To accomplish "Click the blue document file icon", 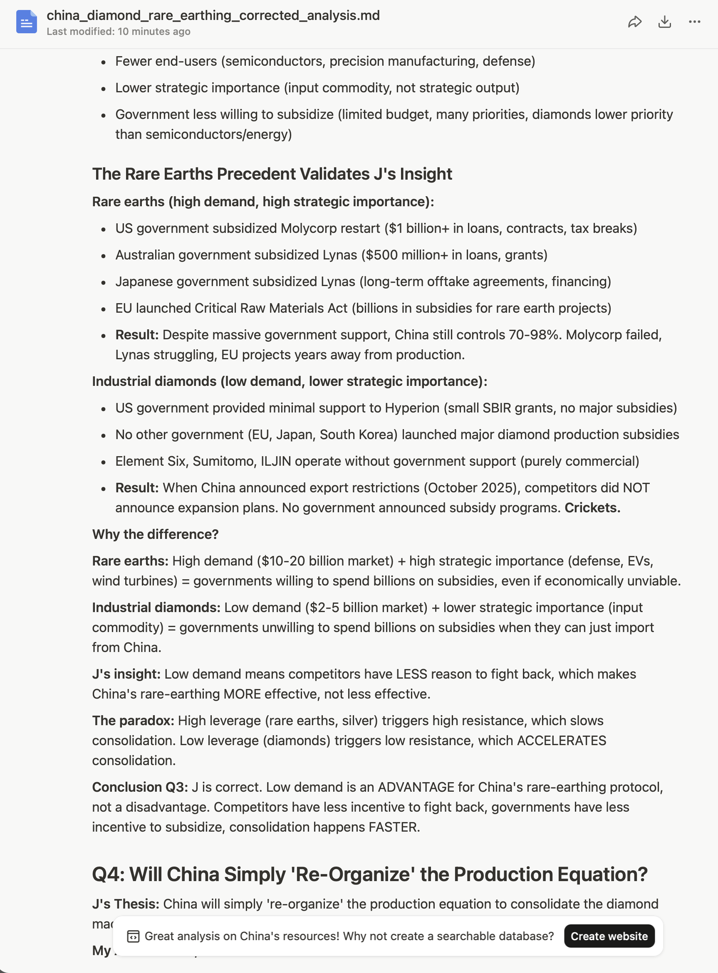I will pos(26,22).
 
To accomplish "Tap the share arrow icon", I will pos(634,22).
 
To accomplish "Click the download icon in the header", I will pos(664,22).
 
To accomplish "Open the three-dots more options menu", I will pos(695,22).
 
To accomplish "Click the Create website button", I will pos(609,936).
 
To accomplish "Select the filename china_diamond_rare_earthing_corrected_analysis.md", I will pos(213,16).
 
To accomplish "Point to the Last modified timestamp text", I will pos(118,32).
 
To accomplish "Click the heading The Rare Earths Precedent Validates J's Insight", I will pos(272,174).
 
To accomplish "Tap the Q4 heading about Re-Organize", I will pos(369,874).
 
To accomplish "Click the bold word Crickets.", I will pos(592,507).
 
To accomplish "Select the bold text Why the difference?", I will pos(155,534).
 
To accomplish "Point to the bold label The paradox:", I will pos(133,720).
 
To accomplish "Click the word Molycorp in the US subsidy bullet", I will pos(308,228).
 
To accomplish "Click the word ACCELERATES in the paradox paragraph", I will pos(561,740).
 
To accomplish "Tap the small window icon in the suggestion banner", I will pos(133,936).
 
